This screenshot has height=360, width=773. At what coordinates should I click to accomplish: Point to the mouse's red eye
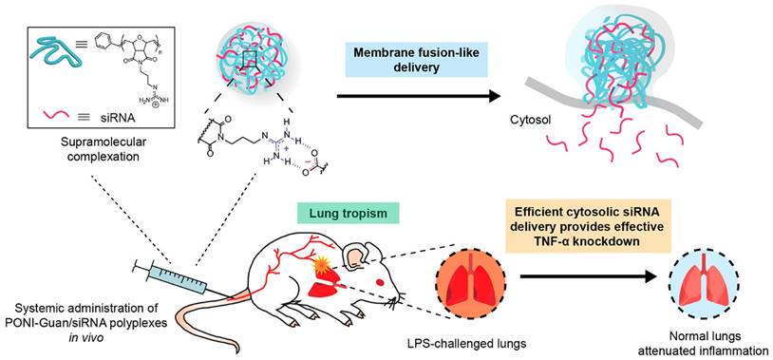pyautogui.click(x=380, y=282)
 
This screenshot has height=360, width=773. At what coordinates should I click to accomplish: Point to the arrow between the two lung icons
pyautogui.click(x=588, y=277)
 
